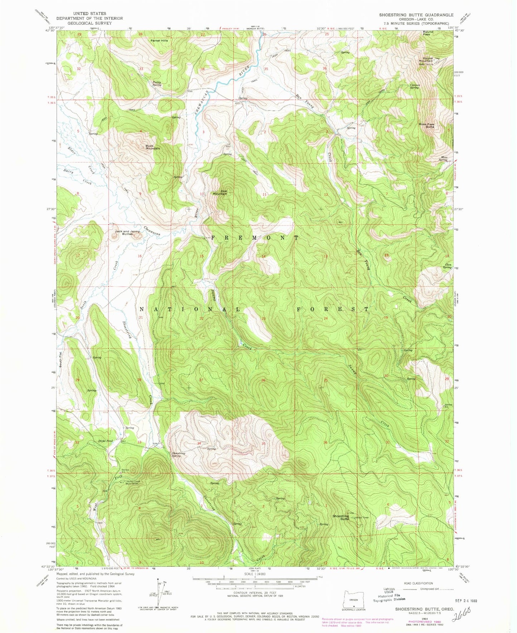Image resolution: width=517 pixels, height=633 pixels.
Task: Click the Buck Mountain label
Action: tap(152, 147)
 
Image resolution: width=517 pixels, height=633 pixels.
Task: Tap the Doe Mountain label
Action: tap(220, 192)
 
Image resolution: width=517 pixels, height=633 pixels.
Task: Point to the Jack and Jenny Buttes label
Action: tap(127, 232)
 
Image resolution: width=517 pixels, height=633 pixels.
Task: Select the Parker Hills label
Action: tap(159, 40)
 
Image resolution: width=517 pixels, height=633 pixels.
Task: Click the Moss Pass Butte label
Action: tap(426, 126)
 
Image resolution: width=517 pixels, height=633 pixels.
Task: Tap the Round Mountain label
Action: tap(428, 59)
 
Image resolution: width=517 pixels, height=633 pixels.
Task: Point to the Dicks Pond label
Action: tap(106, 441)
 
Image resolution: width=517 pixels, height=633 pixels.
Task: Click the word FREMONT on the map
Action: tap(255, 238)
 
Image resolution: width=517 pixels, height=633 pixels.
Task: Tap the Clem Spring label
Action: tap(447, 266)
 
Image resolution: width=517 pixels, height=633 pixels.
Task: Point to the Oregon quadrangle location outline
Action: tap(353, 599)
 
